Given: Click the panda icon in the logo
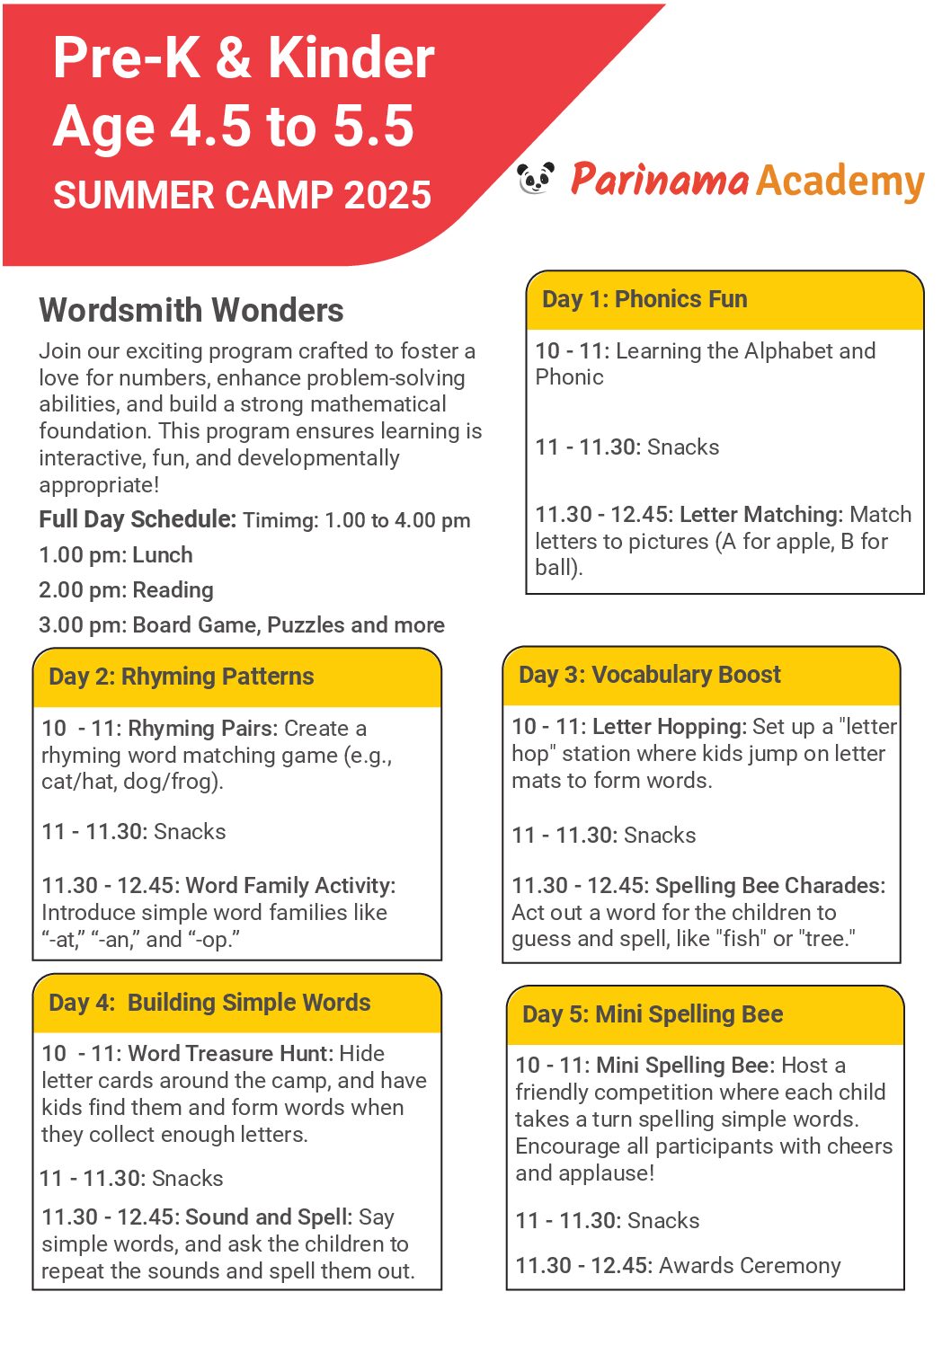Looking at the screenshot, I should click(536, 178).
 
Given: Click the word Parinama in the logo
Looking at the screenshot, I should click(660, 180).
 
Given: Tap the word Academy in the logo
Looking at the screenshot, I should click(840, 181).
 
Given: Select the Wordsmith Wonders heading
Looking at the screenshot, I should click(191, 311).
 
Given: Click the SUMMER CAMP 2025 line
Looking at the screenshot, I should click(242, 195).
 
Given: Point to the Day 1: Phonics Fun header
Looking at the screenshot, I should click(644, 299).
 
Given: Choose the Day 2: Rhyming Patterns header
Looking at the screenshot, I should click(182, 677).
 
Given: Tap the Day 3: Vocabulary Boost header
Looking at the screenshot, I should click(650, 675).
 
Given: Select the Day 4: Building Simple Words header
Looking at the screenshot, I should click(209, 1003).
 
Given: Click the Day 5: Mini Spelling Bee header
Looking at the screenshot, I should click(653, 1014).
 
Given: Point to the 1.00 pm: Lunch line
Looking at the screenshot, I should click(116, 555).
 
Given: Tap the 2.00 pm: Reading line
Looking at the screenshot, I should click(127, 590).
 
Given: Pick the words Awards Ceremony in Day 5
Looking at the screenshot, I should click(750, 1266).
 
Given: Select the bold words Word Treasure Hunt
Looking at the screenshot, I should click(231, 1053).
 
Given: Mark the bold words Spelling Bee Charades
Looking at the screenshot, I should click(769, 886).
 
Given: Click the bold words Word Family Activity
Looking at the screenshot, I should click(289, 886).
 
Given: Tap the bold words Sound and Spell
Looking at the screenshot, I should click(268, 1217).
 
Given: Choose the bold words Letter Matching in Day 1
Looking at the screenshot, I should click(760, 515).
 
